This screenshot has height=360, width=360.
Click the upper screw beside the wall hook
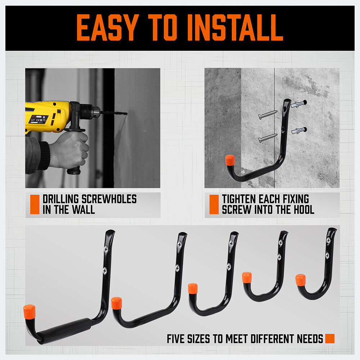pos(268,115)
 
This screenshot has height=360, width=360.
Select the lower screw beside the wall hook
pos(268,138)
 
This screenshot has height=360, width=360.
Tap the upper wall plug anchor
pos(299,104)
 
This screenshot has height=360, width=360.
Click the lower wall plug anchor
pos(299,130)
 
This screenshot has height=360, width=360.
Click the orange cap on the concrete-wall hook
pos(230,160)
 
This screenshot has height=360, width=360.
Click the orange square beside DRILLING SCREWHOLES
pos(35,204)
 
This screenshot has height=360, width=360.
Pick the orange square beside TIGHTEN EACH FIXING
pos(214,204)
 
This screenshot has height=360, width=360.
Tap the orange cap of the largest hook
pos(29,311)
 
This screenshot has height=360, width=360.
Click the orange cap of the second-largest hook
pos(117,303)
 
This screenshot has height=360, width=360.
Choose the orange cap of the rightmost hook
pos(300,280)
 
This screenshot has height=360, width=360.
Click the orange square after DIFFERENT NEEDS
pos(329,338)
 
